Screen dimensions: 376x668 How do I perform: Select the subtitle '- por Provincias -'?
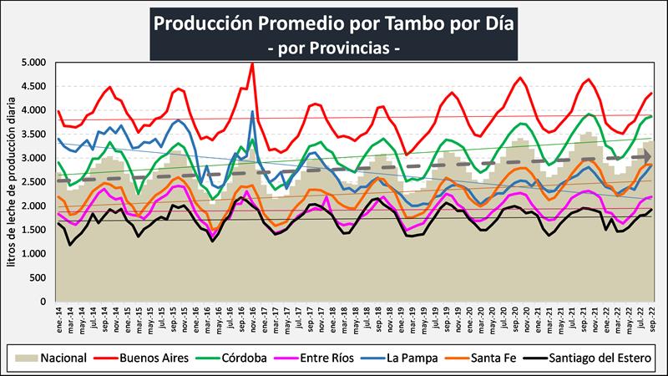(333, 48)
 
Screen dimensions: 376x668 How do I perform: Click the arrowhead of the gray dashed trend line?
(646, 156)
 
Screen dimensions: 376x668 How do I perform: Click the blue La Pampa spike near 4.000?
(252, 111)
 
